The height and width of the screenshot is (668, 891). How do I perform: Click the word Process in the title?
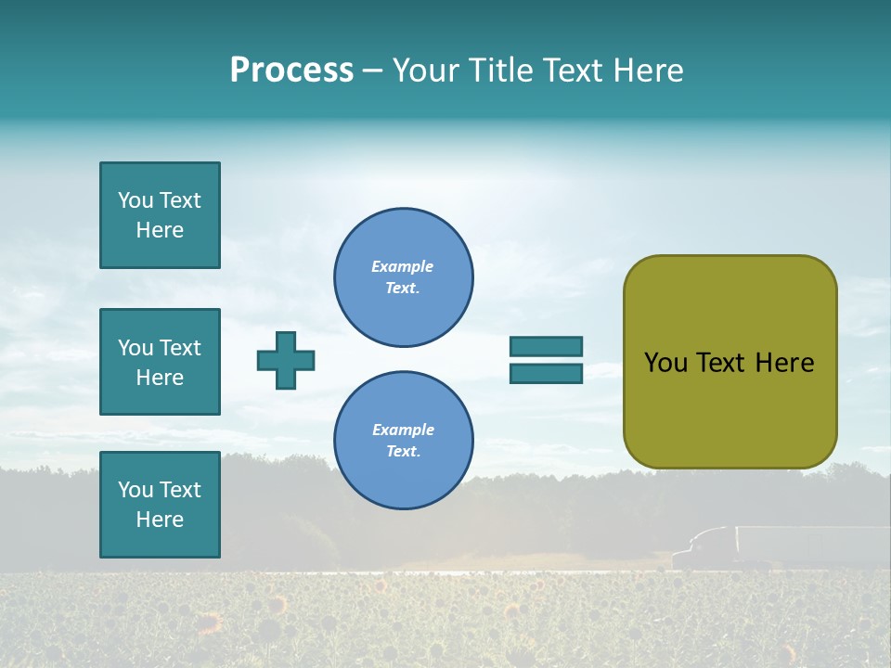291,71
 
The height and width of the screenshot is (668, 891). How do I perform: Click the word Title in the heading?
499,71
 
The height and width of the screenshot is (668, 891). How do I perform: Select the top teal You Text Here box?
160,215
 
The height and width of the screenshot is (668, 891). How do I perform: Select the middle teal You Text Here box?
160,362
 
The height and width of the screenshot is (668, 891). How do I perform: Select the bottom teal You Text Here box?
160,505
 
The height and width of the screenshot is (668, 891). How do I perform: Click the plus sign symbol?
286,360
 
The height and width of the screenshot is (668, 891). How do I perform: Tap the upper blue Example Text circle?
404,277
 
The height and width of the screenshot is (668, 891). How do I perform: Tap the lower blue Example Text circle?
404,441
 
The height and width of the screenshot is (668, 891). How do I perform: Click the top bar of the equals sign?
546,346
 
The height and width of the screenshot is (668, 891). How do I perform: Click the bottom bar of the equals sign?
546,373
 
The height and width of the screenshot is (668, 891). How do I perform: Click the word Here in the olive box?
784,363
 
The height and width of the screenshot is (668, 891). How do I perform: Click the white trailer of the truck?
807,544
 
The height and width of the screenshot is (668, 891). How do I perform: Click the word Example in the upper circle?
402,266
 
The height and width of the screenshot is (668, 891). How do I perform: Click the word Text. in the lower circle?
403,452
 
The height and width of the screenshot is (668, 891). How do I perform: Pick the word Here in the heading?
650,71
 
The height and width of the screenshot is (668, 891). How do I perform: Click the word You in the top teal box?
136,200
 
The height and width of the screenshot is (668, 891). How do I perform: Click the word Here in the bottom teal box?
160,520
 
